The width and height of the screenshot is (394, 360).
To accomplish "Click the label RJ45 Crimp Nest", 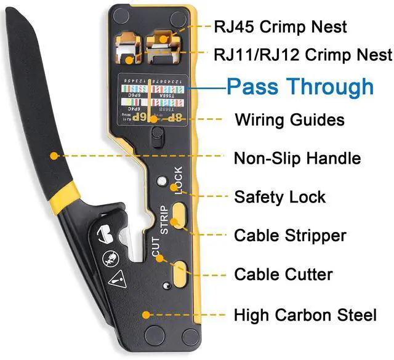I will [x=280, y=27].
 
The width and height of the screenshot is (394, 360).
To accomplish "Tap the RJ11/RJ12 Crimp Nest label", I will [x=303, y=55].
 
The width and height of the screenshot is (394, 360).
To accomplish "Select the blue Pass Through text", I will [x=300, y=87].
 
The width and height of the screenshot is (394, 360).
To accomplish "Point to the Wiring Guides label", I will [x=289, y=119].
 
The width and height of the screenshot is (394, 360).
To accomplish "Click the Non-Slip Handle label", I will [x=297, y=158].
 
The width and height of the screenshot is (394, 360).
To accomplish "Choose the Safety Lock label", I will [x=280, y=198].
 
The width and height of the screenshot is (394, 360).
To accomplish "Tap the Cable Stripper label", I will [x=290, y=236].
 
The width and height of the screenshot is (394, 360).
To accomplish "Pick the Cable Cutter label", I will [x=283, y=274].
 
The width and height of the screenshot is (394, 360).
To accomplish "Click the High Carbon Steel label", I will [x=305, y=316].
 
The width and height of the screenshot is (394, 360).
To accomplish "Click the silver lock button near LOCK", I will [x=162, y=182].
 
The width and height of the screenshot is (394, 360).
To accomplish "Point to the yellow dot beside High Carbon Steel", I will [x=145, y=314].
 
